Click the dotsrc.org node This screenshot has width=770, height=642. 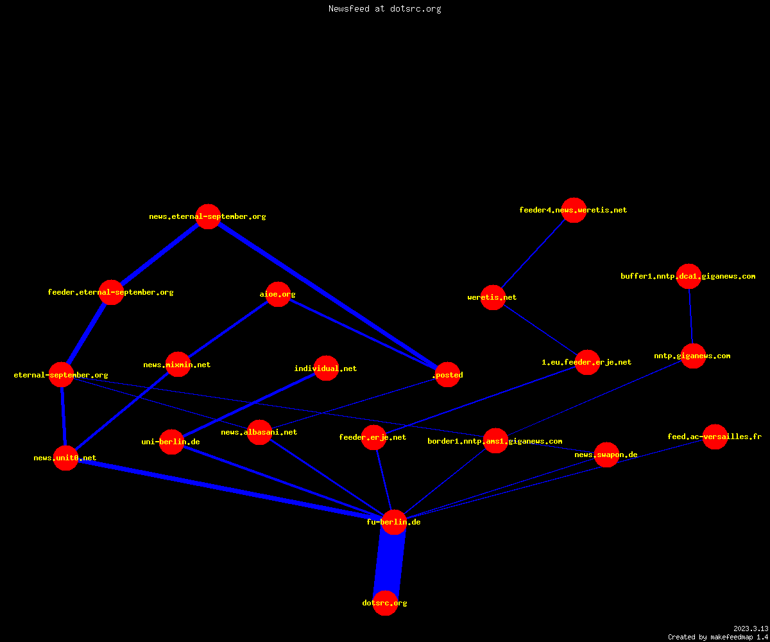pos(386,603)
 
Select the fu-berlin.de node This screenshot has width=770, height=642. pos(394,522)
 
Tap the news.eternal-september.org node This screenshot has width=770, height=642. pos(209,216)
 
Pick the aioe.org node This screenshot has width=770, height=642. pos(278,294)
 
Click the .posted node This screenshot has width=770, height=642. pos(448,374)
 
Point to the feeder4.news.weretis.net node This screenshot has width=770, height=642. pos(574,210)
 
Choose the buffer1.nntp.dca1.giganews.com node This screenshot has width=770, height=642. pos(689,276)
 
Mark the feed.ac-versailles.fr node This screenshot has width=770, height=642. pos(715,437)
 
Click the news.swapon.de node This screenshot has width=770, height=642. pos(606,455)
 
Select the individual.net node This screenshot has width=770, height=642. pos(327,369)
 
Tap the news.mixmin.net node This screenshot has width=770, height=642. pos(178,364)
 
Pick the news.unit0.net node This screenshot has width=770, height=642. pos(66,458)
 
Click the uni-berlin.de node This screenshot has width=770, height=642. pos(172,442)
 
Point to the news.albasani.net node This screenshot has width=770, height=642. pos(260,432)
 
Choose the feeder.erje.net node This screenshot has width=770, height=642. pos(374,437)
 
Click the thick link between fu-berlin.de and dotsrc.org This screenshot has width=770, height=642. pos(389,562)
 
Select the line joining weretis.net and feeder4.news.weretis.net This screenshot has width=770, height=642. pos(533,254)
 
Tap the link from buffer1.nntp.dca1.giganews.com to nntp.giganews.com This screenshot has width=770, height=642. pos(691,317)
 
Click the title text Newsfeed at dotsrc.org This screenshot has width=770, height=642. pos(384,8)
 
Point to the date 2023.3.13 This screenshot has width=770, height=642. pos(751,629)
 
